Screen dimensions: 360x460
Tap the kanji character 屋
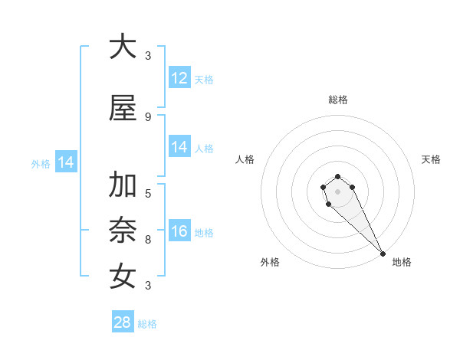123,109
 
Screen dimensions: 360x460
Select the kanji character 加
123,186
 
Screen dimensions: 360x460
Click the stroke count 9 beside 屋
147,116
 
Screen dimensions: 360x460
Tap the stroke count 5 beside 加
147,194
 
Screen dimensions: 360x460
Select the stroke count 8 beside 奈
147,240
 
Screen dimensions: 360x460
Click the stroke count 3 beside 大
147,55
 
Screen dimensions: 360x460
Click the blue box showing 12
179,78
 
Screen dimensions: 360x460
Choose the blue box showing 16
179,231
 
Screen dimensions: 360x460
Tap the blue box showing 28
123,322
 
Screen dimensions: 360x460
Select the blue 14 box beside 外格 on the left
65,162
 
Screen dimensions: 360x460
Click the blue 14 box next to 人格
179,148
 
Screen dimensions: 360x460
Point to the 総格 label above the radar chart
338,100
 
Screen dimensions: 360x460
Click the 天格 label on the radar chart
431,159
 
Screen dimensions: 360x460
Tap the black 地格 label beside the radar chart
402,262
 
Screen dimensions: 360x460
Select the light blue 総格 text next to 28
147,324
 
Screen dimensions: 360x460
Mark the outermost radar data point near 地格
382,254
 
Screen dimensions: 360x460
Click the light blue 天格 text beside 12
204,80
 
